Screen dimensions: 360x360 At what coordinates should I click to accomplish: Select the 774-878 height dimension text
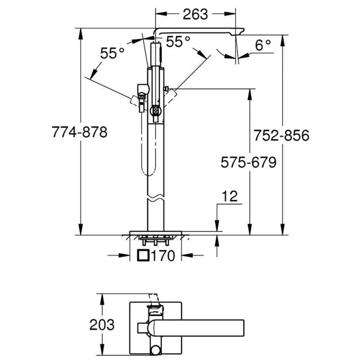[x=80, y=132]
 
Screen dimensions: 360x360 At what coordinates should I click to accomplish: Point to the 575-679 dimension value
[x=248, y=162]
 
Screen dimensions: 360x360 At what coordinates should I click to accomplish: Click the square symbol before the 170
[x=143, y=256]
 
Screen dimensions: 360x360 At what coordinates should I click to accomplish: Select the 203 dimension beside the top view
[x=102, y=324]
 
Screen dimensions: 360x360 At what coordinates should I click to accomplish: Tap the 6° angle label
[x=264, y=45]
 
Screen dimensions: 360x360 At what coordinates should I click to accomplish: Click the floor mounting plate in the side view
[x=155, y=233]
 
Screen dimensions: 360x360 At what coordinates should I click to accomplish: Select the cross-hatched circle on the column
[x=156, y=109]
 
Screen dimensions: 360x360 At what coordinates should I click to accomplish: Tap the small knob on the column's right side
[x=166, y=90]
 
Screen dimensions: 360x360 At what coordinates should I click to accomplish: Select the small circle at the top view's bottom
[x=155, y=349]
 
